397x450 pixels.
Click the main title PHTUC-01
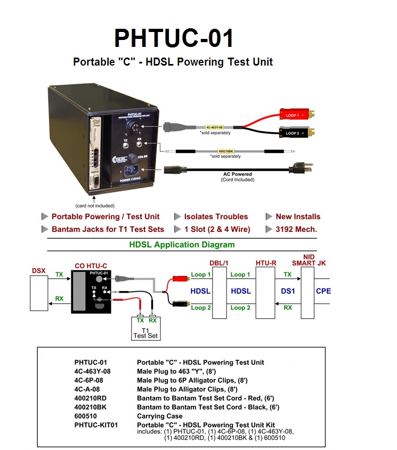point(174,38)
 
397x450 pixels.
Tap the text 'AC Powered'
point(237,174)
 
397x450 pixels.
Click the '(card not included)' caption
point(94,205)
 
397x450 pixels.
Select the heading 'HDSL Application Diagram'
point(182,245)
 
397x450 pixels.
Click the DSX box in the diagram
point(39,292)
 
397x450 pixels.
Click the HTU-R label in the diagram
point(266,263)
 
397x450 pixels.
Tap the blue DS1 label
point(288,291)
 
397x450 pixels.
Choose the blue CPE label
point(323,291)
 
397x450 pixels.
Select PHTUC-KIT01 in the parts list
point(96,424)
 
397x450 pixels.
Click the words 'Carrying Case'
point(160,416)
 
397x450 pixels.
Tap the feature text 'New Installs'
point(298,216)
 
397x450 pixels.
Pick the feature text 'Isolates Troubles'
point(216,216)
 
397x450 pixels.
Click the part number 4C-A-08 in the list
point(87,389)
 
